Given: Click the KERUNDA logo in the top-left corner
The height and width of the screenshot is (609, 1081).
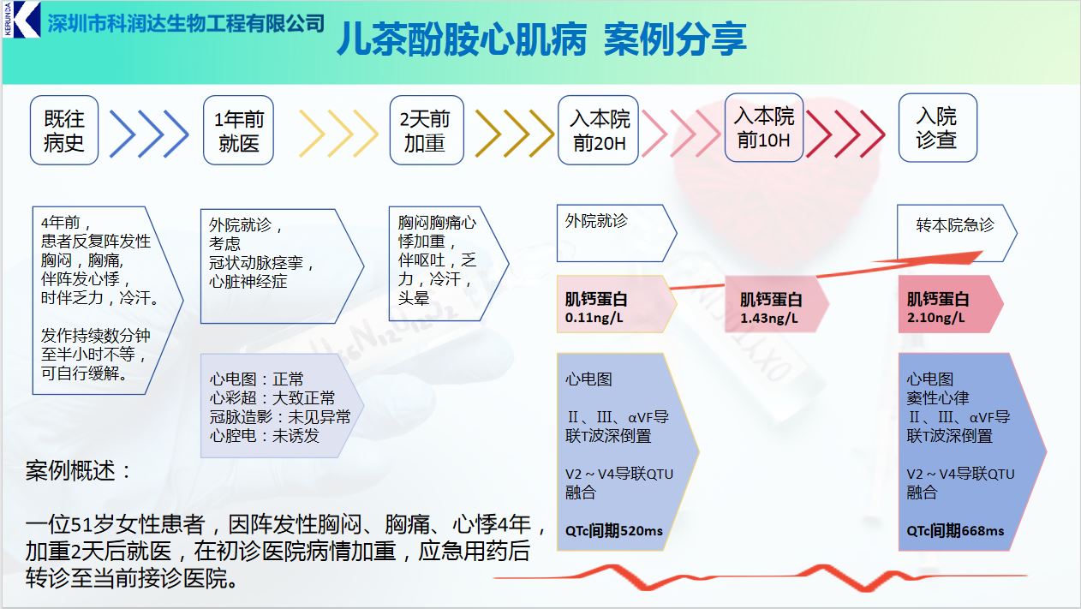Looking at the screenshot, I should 21,20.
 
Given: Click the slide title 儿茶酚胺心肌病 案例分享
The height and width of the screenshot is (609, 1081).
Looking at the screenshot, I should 540,39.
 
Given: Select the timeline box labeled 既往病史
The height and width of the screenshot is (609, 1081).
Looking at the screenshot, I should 64,130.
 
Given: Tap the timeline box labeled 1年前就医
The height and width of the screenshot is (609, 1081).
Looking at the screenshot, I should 239,131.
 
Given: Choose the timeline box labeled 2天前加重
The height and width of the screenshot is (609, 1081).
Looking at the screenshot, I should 425,131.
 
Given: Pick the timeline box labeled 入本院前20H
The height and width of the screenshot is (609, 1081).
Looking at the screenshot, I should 599,130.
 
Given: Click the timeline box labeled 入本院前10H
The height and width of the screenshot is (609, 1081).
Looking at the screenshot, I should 764,128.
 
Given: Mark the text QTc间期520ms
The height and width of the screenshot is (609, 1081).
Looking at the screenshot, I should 614,530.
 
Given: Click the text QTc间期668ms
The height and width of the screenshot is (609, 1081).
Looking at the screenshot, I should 955,530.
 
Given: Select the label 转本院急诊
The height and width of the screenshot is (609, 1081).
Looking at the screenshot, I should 955,225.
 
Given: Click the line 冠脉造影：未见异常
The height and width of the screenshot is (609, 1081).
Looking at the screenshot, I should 280,416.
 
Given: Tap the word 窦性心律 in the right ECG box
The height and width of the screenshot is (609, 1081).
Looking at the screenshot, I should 938,397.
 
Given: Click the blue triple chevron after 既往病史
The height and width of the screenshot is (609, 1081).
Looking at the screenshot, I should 149,134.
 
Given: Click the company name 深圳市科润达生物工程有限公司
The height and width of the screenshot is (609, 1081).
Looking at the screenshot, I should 186,22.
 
